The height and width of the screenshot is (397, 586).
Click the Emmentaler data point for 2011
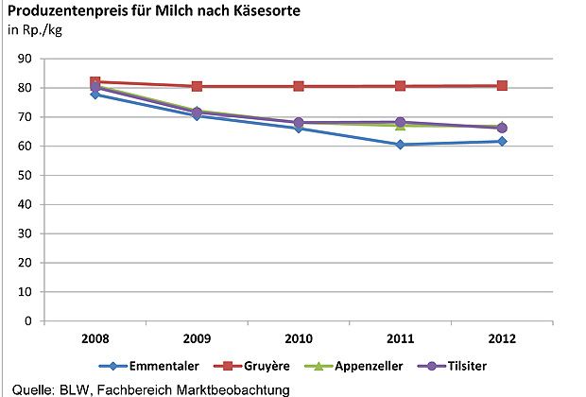coord(401,145)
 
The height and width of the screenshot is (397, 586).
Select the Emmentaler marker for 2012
coord(502,142)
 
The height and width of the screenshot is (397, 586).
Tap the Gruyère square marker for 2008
coord(95,82)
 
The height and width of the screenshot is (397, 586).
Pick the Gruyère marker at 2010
coord(299,86)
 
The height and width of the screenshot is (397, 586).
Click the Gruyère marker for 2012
coord(502,86)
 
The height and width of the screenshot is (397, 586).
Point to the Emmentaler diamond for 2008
coord(95,95)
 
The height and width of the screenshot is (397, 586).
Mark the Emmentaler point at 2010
coord(299,128)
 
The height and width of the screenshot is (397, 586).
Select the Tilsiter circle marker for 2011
coord(401,123)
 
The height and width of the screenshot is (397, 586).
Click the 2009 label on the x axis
coord(198,337)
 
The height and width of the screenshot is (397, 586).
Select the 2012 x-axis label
coord(502,337)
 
